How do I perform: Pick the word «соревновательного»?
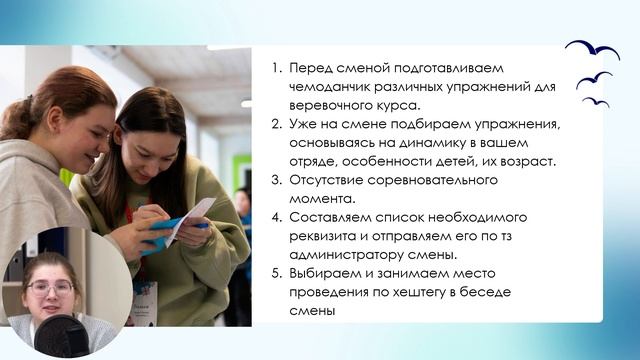433,179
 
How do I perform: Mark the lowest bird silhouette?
596,101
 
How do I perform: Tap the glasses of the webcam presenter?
49,287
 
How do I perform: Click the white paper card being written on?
190,214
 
